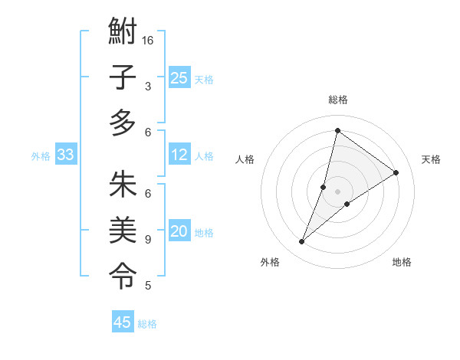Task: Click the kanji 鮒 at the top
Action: coord(123,34)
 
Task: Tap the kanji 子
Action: coord(123,77)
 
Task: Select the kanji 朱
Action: coord(123,185)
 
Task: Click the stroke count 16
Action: coord(148,40)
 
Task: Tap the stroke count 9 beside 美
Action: coord(148,240)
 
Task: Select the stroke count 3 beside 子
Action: coord(148,87)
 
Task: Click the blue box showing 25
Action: coord(179,78)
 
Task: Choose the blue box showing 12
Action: coord(179,155)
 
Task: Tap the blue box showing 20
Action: coord(179,232)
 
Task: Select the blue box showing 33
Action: coord(66,155)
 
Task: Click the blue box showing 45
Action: coord(123,322)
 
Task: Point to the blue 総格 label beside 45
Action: coord(147,324)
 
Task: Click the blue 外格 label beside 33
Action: coord(41,156)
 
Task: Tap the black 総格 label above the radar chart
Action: coord(338,100)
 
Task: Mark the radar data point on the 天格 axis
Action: coord(396,173)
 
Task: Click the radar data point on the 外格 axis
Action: coord(302,242)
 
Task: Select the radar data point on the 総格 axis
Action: coord(337,131)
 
